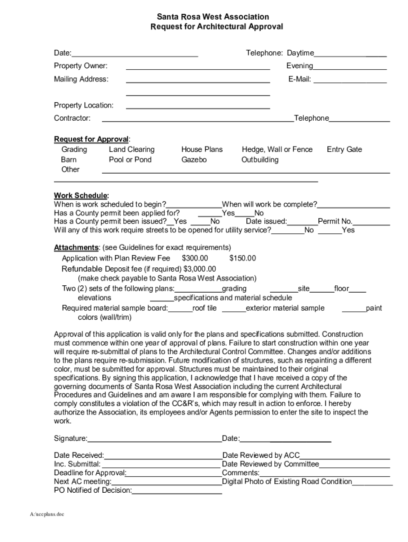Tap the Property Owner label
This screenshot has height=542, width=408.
click(x=81, y=66)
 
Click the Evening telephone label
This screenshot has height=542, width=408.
click(x=299, y=66)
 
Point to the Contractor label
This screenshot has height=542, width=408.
click(x=72, y=118)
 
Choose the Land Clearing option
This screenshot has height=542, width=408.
click(x=131, y=149)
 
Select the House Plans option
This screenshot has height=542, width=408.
click(x=202, y=149)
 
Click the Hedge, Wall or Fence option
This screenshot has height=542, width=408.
click(x=277, y=149)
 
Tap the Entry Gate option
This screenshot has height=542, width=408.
click(x=344, y=149)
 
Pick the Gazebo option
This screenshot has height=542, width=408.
click(x=194, y=159)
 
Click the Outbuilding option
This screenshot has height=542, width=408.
click(x=260, y=159)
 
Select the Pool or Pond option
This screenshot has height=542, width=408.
click(x=130, y=159)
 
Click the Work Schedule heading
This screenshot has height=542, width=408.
click(x=81, y=195)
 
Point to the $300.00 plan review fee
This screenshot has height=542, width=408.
click(x=194, y=258)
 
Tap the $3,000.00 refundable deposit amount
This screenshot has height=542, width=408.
click(x=200, y=268)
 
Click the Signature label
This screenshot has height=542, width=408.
click(x=70, y=438)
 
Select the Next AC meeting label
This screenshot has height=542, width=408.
click(x=83, y=481)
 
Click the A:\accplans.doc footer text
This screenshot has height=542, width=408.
click(x=47, y=514)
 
